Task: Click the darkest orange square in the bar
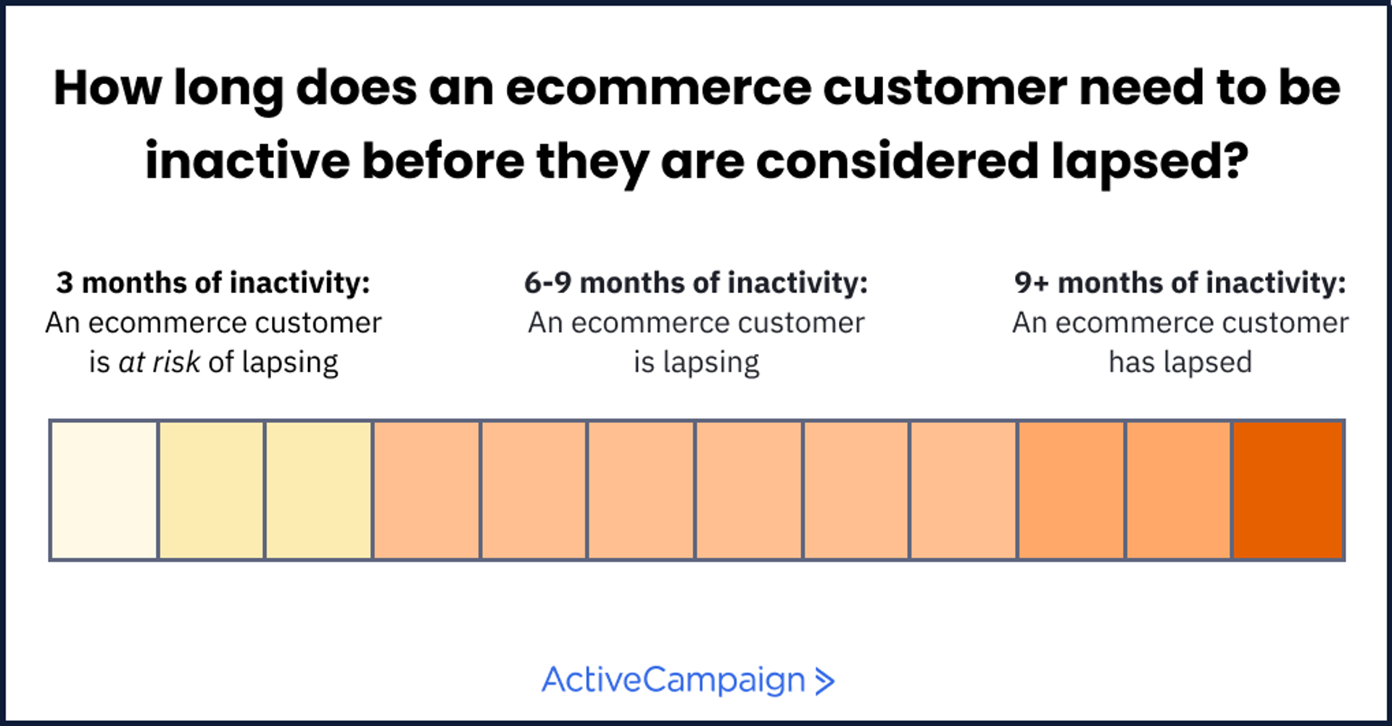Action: (1288, 490)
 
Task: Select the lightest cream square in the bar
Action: (104, 490)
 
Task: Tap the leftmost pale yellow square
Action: (211, 490)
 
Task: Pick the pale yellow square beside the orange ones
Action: (319, 490)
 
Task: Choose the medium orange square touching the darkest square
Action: (1179, 490)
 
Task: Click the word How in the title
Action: (107, 88)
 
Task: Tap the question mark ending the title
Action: (1233, 161)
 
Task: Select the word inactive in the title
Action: (247, 161)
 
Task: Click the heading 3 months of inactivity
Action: (213, 283)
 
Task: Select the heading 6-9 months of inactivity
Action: (696, 283)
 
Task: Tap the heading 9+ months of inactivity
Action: (1180, 283)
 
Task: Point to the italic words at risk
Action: (159, 362)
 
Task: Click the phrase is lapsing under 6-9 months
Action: (696, 362)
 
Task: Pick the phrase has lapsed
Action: (1180, 362)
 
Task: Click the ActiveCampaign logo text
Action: (674, 680)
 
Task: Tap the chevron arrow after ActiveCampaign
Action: (824, 681)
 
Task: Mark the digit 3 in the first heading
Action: (65, 283)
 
